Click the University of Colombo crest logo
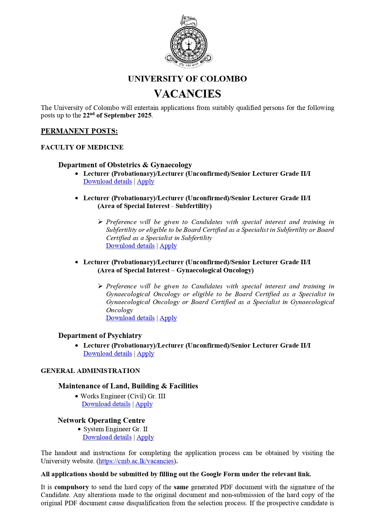[189, 42]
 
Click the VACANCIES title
[187, 94]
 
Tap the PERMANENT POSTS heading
[79, 131]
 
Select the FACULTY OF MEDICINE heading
[82, 147]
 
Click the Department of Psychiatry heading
[100, 336]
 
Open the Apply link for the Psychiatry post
[145, 354]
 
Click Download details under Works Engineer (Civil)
[106, 404]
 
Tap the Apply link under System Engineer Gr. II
[145, 437]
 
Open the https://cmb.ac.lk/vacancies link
[136, 461]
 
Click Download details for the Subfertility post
[130, 246]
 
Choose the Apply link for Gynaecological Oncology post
[168, 318]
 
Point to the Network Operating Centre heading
[102, 420]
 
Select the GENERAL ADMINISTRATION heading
[90, 371]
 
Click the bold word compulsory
[72, 487]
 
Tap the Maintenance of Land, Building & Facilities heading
[128, 386]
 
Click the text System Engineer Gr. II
[115, 429]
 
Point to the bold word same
[181, 487]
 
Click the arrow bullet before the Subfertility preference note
[100, 222]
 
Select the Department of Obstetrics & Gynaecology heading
[125, 165]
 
